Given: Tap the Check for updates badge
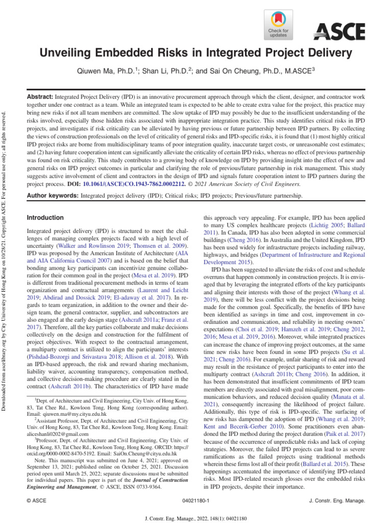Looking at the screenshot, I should (x=278, y=25).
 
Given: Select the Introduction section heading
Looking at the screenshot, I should (x=45, y=217).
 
